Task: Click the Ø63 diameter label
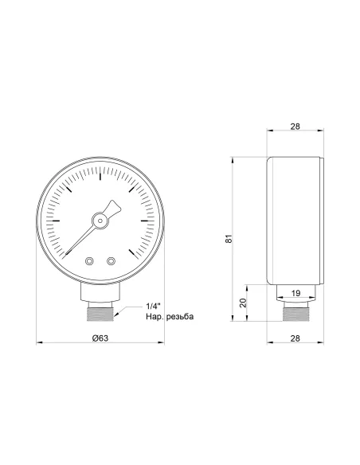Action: tap(100, 339)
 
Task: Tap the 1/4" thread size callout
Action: tap(155, 307)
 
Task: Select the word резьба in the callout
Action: tap(178, 318)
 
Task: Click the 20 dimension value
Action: tap(243, 303)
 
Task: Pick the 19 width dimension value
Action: tap(296, 293)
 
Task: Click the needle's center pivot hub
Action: tap(100, 221)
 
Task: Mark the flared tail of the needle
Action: tap(115, 206)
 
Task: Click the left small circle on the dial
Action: tap(90, 260)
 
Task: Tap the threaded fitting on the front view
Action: tap(100, 312)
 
